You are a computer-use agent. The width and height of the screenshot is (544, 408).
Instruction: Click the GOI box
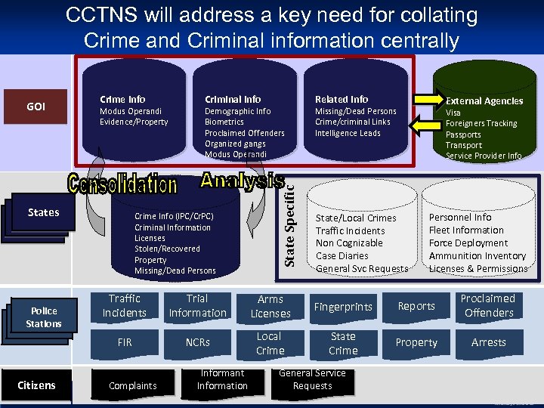(36, 107)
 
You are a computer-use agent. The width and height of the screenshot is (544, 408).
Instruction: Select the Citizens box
(36, 385)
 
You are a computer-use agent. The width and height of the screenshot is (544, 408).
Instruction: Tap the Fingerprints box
(343, 307)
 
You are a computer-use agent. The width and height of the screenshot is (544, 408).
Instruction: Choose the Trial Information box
(197, 306)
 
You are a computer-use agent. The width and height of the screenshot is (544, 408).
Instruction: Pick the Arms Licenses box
(270, 307)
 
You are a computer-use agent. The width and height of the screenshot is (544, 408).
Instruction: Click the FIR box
(125, 342)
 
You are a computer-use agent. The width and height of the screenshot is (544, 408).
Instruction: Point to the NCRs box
(197, 342)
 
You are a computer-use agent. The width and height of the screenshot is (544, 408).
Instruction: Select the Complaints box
(132, 385)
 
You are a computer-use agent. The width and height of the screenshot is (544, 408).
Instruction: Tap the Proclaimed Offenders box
(488, 306)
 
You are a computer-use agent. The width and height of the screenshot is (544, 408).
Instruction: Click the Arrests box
(488, 342)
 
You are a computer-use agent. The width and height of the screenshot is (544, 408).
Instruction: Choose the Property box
(416, 342)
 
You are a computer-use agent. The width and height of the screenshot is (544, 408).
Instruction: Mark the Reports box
(416, 306)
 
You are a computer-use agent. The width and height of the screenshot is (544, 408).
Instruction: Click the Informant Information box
(222, 379)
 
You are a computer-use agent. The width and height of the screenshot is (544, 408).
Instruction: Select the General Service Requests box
(312, 379)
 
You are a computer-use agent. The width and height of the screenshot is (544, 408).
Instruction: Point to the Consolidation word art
(122, 184)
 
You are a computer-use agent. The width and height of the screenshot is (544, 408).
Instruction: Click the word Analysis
(242, 180)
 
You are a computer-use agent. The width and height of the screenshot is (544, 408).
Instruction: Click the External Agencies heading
(484, 100)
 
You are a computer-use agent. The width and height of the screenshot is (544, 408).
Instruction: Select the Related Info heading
(342, 99)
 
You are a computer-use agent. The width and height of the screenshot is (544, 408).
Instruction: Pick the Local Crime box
(270, 343)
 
